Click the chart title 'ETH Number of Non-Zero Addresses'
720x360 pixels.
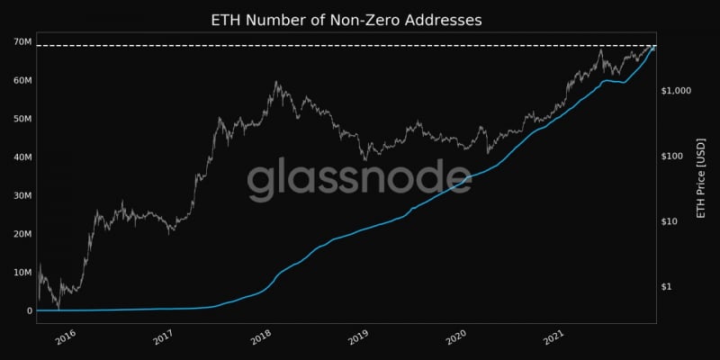click(346, 19)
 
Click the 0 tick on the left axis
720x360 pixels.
click(29, 310)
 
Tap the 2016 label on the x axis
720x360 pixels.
click(65, 337)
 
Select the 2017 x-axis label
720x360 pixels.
click(163, 337)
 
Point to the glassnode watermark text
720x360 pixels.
click(346, 180)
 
